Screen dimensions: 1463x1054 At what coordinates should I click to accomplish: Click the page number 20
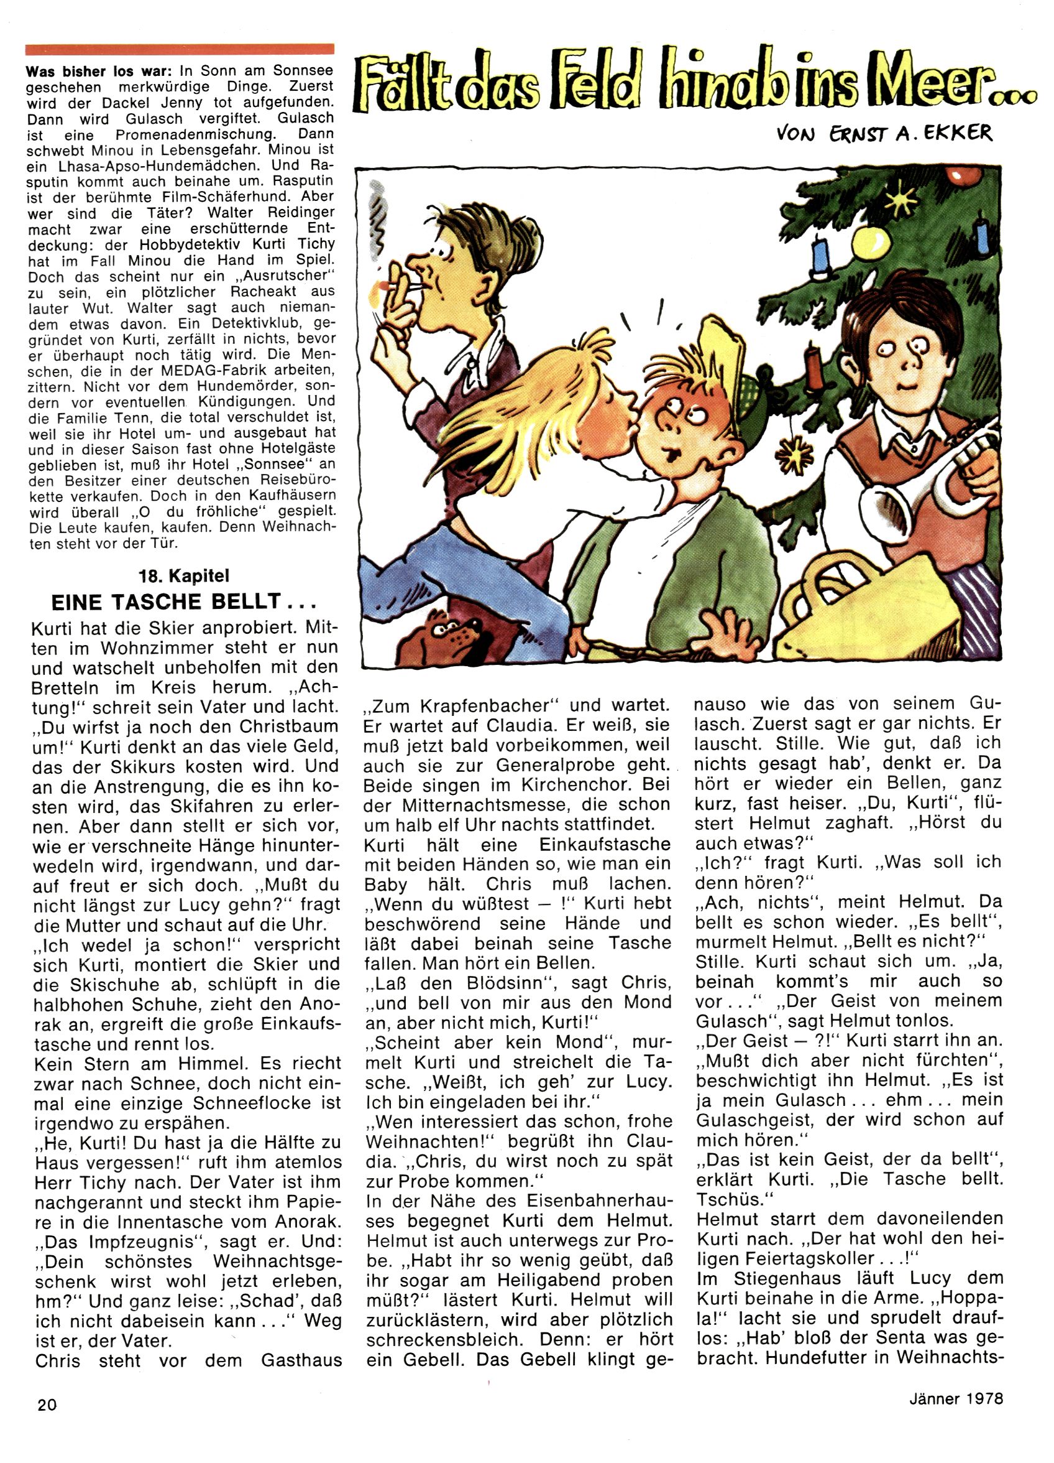[47, 1405]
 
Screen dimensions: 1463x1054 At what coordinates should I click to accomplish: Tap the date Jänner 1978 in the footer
[956, 1399]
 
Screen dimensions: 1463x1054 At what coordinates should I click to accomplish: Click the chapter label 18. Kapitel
[183, 576]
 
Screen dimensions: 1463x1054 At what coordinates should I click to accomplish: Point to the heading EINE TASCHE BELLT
[183, 602]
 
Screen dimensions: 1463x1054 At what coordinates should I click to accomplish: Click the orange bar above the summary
[180, 49]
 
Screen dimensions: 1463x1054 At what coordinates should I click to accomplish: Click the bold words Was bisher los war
[100, 70]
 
